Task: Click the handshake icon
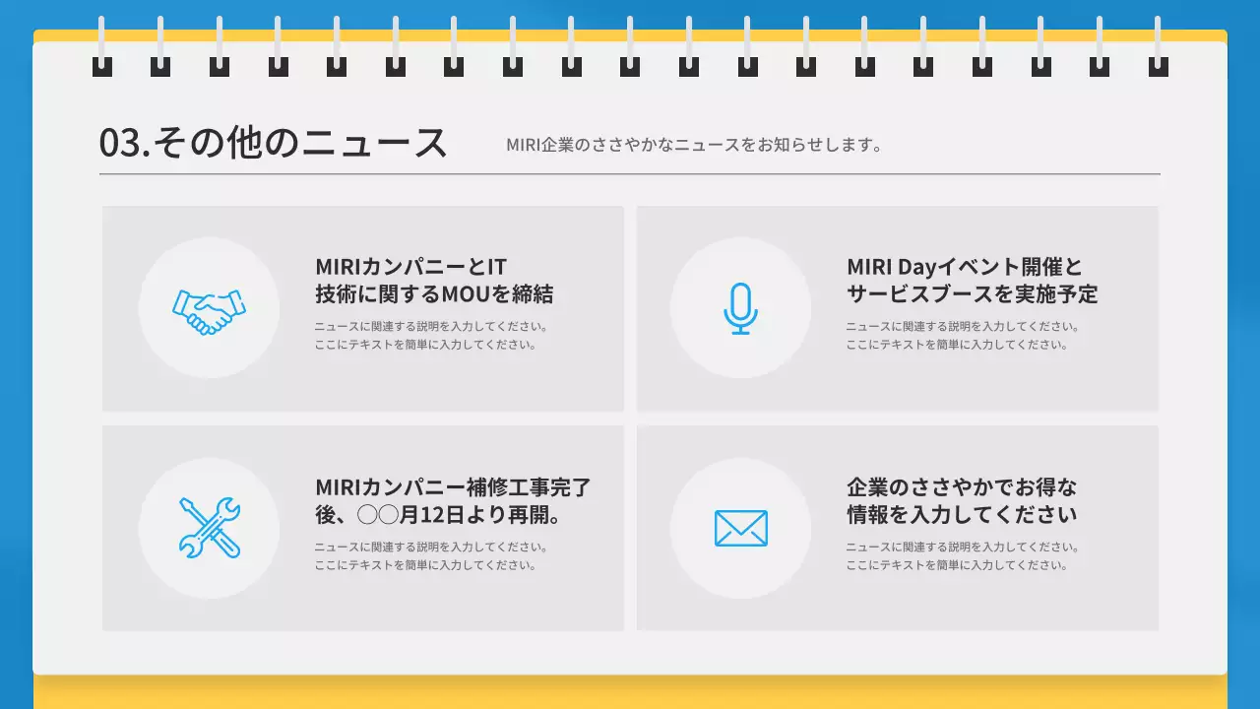209,309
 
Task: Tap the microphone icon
740,308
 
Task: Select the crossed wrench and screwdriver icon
209,529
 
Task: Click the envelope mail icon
740,529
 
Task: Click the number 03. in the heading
124,144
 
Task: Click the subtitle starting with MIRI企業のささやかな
693,145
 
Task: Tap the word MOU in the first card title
464,294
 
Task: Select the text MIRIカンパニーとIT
410,267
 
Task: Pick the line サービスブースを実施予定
972,294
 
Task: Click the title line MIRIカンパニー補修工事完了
453,487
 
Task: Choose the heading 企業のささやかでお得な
962,487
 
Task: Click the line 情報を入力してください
962,515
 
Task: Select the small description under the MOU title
430,336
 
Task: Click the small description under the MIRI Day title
962,336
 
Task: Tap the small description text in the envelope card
962,556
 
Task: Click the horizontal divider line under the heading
630,174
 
